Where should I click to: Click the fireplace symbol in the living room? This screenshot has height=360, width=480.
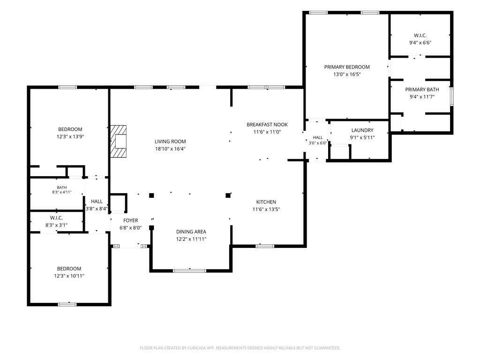(x=119, y=141)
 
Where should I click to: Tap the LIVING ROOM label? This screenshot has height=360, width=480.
(x=170, y=142)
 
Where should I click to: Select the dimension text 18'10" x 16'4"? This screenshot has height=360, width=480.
(x=170, y=149)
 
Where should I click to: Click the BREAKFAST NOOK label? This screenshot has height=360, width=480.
(x=267, y=125)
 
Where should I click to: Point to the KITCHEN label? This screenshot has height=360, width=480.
(x=266, y=202)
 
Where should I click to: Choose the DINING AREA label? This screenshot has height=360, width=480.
(x=191, y=232)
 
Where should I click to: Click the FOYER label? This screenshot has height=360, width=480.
(x=131, y=220)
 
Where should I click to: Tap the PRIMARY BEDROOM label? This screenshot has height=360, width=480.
(x=347, y=67)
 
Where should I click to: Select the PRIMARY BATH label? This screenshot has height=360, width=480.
(x=422, y=90)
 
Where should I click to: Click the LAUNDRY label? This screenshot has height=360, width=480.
(x=362, y=130)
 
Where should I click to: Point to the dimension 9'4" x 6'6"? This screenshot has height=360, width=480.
(x=420, y=43)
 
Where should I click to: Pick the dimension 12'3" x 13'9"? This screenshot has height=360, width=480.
(x=70, y=137)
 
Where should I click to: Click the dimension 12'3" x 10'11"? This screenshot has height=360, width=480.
(x=69, y=276)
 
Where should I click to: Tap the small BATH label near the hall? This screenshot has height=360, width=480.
(x=62, y=187)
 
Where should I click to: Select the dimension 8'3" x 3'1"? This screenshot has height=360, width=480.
(x=56, y=225)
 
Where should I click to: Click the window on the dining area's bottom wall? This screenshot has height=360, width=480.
(x=189, y=270)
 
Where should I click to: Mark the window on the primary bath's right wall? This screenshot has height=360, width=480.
(x=451, y=97)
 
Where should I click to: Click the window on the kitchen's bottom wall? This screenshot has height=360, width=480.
(x=265, y=246)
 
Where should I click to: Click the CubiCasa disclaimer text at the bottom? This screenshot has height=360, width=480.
(x=240, y=348)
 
